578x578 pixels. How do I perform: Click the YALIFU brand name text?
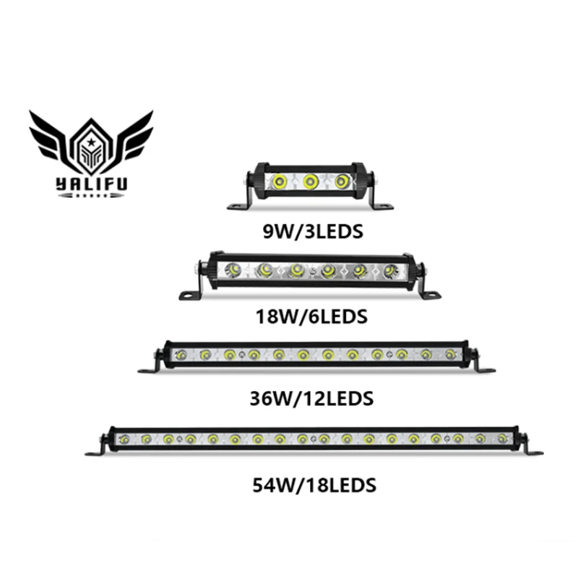coord(91,184)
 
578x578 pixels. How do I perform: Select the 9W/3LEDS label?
coord(312,233)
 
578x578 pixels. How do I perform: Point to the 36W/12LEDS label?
coord(312,398)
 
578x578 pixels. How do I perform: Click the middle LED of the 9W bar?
coord(311,181)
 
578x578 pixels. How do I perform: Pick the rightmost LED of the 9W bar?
coord(342,181)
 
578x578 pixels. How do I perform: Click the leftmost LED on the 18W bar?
coord(233,271)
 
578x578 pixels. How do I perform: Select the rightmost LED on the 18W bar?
coord(391,271)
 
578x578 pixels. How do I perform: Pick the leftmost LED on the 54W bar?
coord(124,439)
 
